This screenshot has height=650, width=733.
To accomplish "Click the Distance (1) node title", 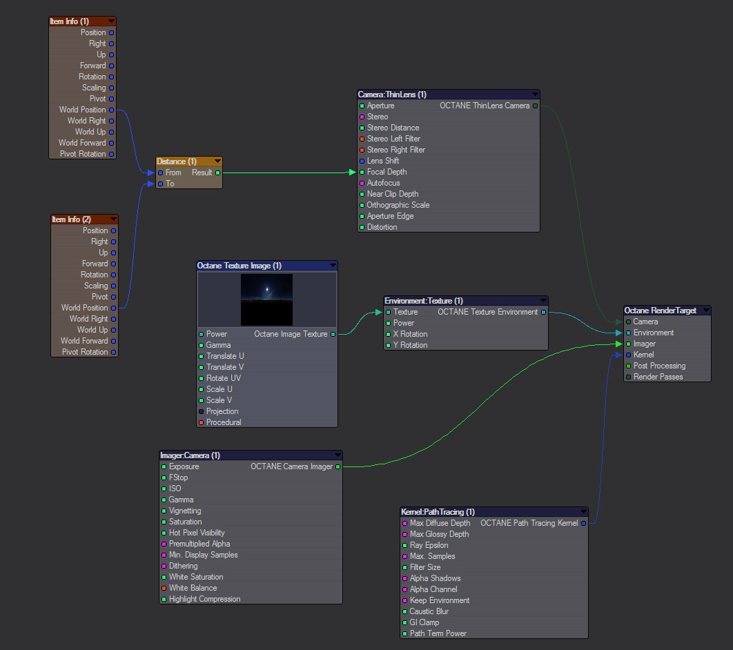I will [177, 161].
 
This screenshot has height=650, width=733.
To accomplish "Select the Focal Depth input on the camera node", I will [387, 172].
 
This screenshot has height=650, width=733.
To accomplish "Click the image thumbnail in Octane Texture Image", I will [266, 299].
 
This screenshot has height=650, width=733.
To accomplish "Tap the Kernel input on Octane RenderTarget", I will [643, 355].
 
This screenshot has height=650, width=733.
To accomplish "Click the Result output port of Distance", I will [218, 173].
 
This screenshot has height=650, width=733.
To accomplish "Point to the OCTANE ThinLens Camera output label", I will [485, 106].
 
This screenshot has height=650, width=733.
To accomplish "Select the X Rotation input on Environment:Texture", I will [410, 334].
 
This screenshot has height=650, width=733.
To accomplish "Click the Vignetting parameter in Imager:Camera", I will [185, 511].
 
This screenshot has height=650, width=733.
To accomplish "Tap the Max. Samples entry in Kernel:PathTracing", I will [432, 556].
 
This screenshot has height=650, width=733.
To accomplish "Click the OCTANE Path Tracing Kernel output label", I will [529, 523].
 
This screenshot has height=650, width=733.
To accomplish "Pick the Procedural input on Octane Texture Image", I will [224, 422].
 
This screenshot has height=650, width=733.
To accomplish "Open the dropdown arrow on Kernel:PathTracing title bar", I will [583, 512].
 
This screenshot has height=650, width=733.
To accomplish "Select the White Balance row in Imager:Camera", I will [193, 588].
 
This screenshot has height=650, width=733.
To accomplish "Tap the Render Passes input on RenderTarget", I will [658, 377].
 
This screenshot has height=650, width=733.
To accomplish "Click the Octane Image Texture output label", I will [291, 334].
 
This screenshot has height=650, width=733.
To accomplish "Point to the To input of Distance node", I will [169, 184].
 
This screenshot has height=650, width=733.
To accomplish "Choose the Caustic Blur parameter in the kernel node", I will [429, 611].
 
